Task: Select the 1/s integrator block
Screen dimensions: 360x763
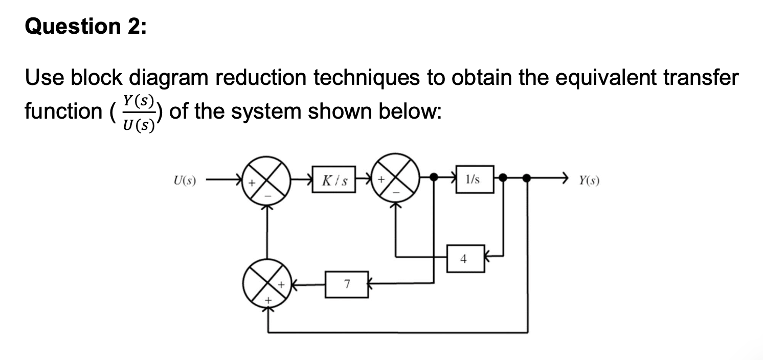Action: (475, 179)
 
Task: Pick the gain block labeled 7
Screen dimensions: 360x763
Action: (347, 284)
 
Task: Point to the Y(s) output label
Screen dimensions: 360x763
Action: (589, 180)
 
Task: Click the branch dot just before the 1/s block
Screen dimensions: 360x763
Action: (434, 177)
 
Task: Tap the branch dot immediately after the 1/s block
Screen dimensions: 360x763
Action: (504, 177)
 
